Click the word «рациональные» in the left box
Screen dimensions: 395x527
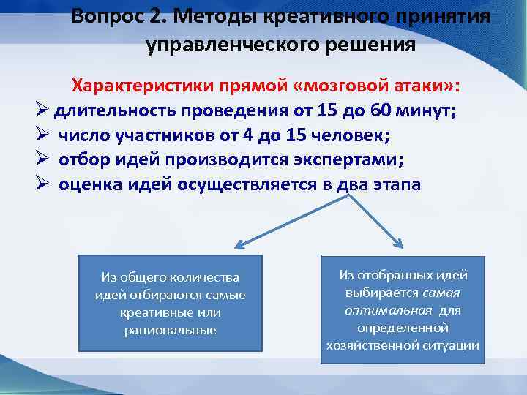point(170,330)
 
